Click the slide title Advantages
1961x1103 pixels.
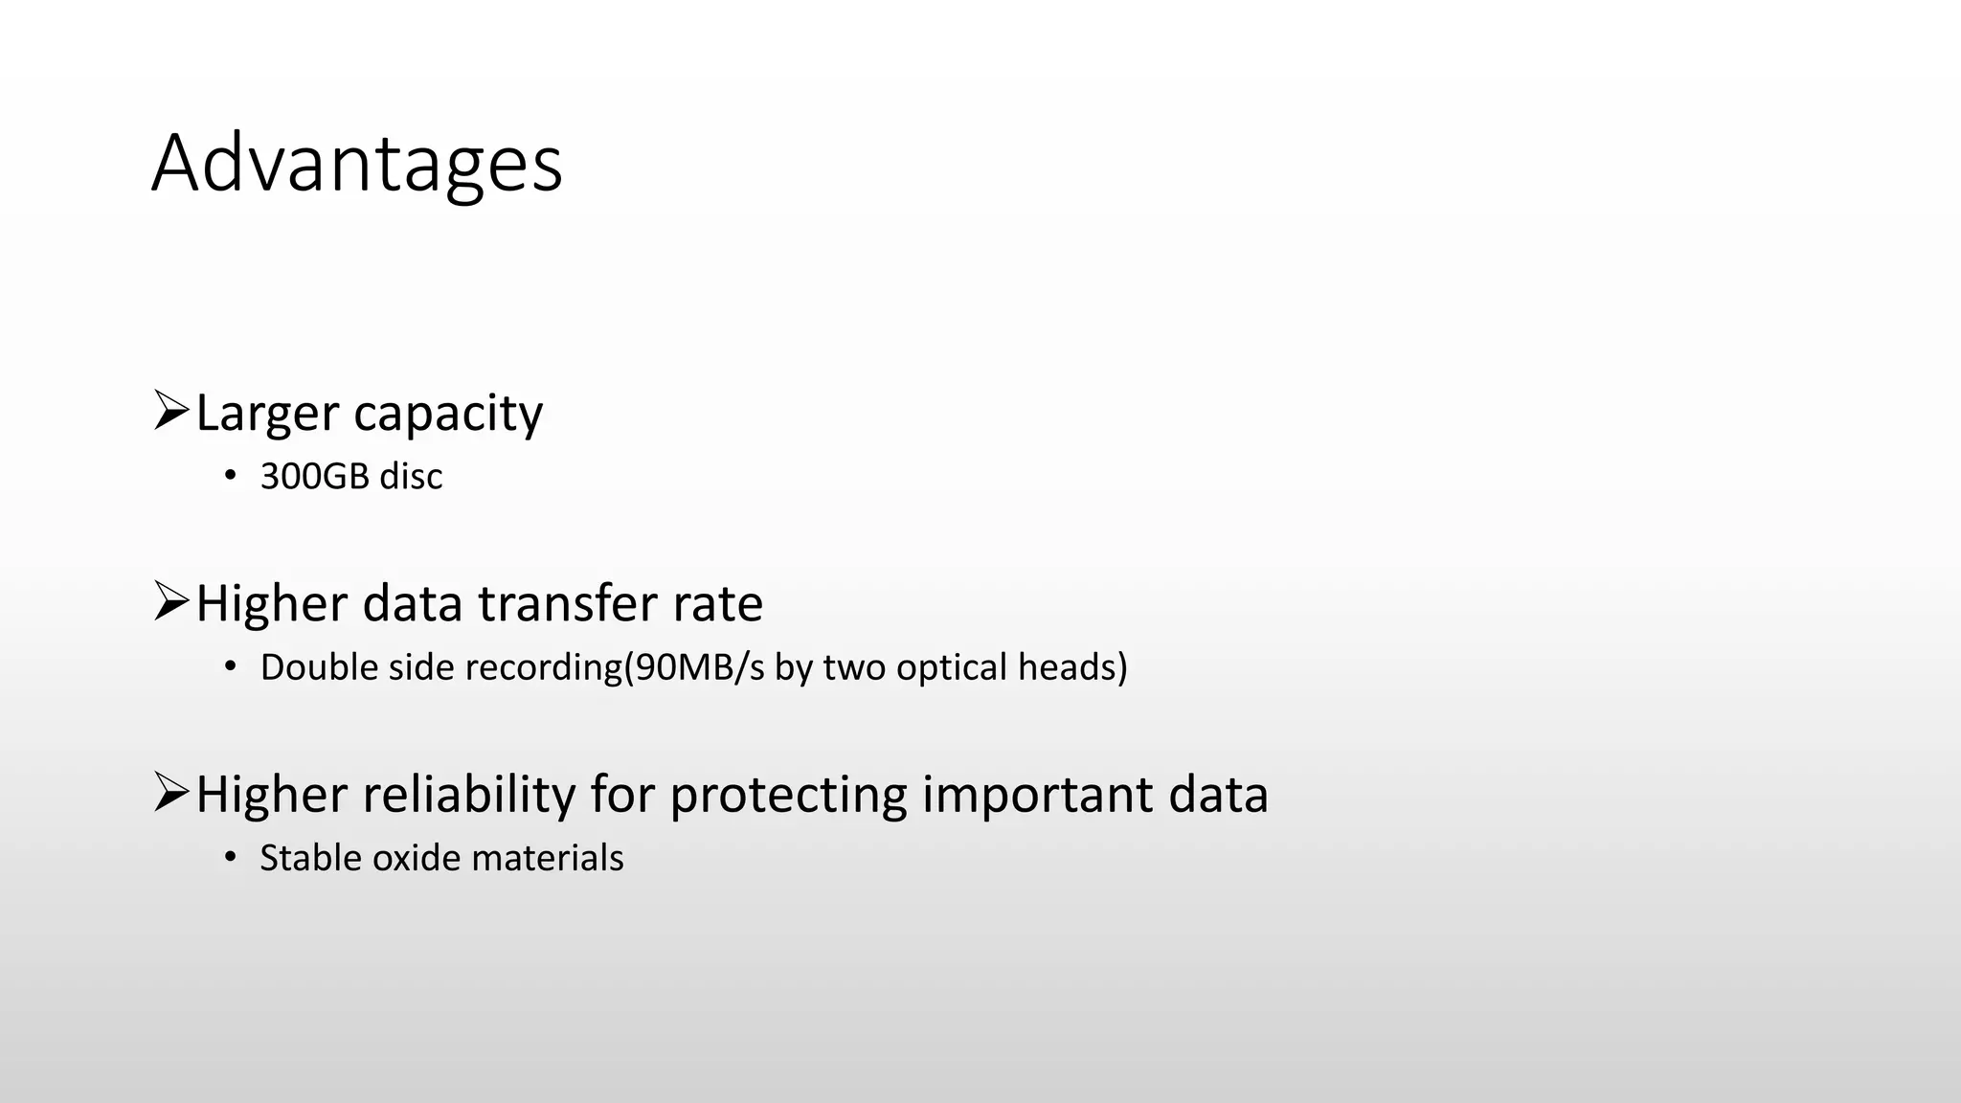(x=356, y=164)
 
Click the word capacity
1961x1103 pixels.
(x=448, y=415)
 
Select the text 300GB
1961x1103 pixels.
(x=314, y=476)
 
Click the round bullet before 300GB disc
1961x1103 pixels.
(x=230, y=476)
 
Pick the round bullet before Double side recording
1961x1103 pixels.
(x=230, y=666)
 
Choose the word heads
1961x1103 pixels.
(x=1066, y=667)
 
